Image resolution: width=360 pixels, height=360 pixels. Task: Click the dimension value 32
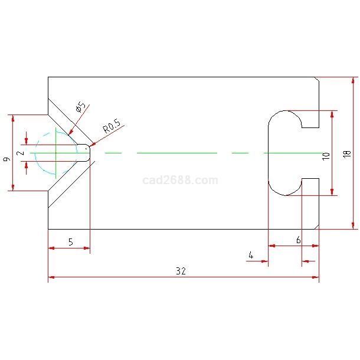tap(181, 271)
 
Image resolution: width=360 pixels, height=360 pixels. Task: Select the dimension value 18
tap(347, 154)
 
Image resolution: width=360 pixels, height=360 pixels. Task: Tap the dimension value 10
tap(326, 156)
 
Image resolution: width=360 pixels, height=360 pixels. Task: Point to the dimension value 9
tap(6, 159)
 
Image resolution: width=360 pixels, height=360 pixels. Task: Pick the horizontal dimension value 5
tap(71, 242)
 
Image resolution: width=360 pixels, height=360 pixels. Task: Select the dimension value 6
tap(299, 240)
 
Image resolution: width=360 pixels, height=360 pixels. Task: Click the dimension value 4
tap(251, 255)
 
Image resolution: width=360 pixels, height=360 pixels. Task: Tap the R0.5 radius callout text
tap(112, 126)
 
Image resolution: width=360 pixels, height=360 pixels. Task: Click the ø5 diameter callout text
tap(80, 107)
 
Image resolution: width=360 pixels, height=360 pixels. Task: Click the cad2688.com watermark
tap(180, 180)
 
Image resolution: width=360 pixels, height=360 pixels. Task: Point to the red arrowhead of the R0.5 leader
tap(92, 145)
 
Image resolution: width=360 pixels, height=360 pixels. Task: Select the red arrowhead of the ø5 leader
tap(71, 132)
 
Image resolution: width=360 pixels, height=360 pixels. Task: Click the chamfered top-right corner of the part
tap(317, 79)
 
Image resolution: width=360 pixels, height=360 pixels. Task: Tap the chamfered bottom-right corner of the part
tap(317, 227)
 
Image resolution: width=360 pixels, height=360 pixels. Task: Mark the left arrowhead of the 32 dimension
tap(51, 277)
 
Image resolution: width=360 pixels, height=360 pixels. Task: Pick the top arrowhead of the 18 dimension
tap(353, 81)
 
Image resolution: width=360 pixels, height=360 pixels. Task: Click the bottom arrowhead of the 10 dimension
tap(332, 192)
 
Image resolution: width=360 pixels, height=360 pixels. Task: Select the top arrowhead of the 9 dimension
tap(13, 119)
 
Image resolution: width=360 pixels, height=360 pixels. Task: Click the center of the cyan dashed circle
tap(56, 153)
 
